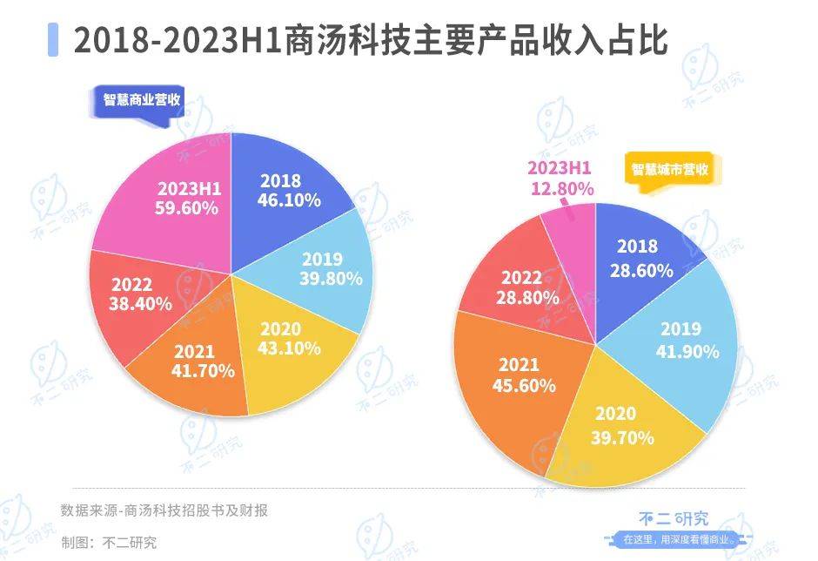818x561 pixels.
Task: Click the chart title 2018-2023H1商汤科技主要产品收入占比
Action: pyautogui.click(x=371, y=39)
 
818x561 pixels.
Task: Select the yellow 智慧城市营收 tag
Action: pyautogui.click(x=667, y=169)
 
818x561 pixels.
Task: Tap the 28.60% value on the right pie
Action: pyautogui.click(x=642, y=270)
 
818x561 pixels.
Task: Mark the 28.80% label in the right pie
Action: pyautogui.click(x=526, y=297)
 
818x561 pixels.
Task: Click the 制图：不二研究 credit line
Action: pyautogui.click(x=109, y=542)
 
